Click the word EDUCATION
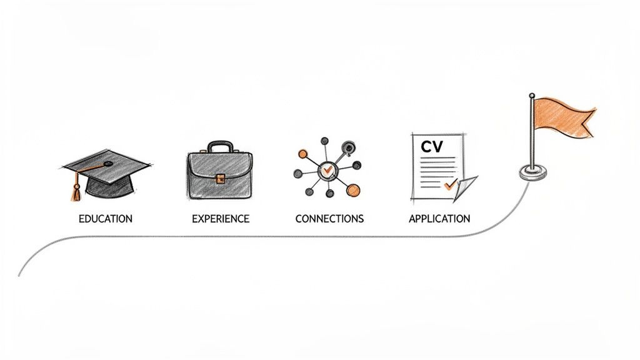click(x=105, y=219)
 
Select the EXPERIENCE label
click(x=220, y=219)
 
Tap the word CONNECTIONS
click(x=329, y=219)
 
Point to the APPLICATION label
click(x=439, y=219)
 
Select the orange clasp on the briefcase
click(x=220, y=179)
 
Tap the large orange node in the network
click(x=354, y=190)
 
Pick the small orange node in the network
click(x=303, y=153)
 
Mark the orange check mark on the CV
click(x=449, y=185)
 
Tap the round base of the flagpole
click(x=532, y=174)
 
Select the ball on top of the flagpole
click(x=532, y=96)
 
